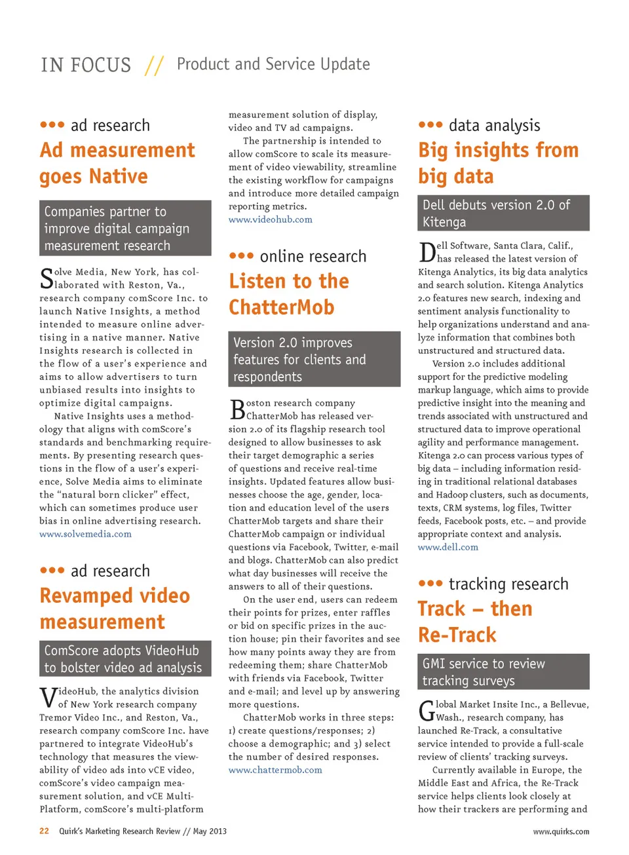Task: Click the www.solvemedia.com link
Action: coord(85,534)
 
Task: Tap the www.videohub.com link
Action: coord(270,219)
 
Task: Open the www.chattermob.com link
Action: coord(275,770)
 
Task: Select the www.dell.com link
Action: coord(448,547)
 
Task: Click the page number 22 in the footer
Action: coord(44,831)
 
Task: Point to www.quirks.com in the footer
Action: coord(561,831)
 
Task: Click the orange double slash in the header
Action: coord(154,65)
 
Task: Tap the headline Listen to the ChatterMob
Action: coord(288,294)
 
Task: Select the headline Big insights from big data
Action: coord(498,163)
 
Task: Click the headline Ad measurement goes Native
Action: coord(117,163)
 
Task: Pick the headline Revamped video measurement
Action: coord(115,609)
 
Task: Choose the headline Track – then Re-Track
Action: coord(475,622)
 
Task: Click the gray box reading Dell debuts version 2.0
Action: coord(503,213)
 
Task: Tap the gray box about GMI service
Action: coord(503,672)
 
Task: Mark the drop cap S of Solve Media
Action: coord(47,278)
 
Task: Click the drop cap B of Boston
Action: coord(237,409)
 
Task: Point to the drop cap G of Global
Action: coord(426,711)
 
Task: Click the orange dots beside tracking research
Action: coord(430,583)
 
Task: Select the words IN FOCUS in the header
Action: coord(86,65)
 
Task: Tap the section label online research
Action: coord(313,256)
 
